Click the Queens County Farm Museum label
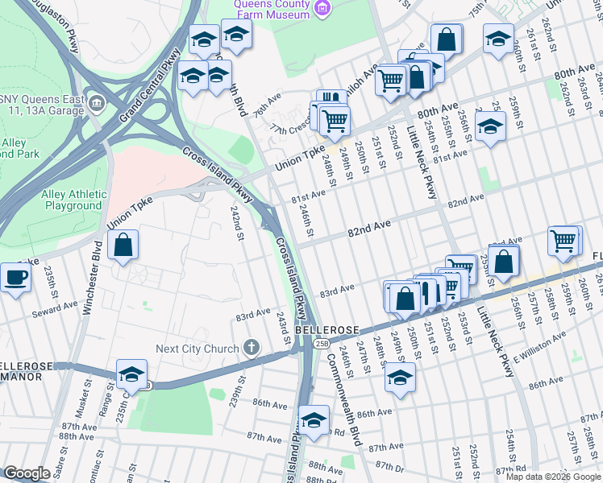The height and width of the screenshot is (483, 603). coord(272,9)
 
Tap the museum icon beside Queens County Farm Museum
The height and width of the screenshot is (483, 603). coord(322,8)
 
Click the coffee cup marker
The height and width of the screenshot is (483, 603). coord(15,279)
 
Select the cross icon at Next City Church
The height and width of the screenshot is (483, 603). coord(252,348)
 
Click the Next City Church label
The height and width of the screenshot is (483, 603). coord(198,349)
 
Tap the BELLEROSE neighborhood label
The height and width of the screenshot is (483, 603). coord(325,330)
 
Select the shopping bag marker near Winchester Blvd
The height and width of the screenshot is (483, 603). coord(123,246)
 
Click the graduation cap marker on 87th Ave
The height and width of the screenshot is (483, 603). coord(314,420)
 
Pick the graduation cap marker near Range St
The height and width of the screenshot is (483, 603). coord(131,375)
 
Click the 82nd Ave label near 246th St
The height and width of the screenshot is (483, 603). coord(368,230)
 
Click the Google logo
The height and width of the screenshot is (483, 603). coord(27,473)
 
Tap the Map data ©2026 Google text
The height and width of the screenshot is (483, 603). coord(552,477)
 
